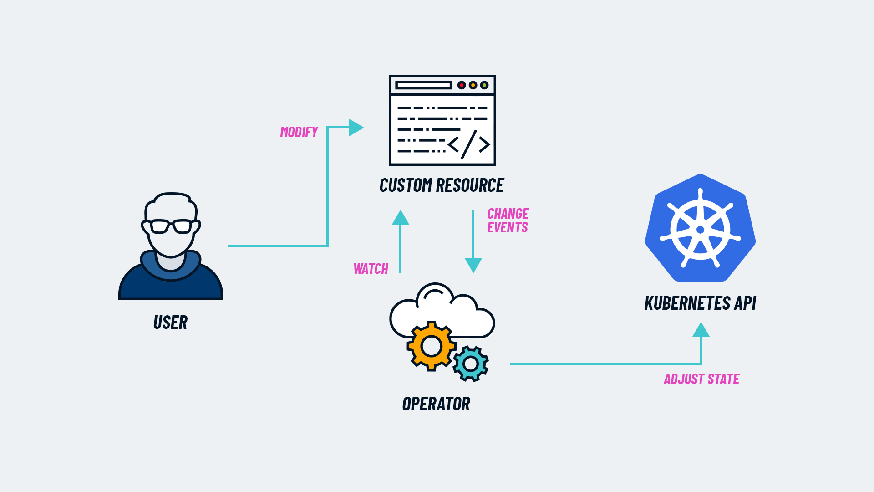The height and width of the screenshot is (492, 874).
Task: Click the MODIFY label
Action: point(299,132)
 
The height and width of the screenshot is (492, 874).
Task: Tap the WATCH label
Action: point(371,269)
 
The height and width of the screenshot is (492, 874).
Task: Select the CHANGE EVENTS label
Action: point(508,220)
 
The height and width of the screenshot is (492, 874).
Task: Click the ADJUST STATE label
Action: point(701,379)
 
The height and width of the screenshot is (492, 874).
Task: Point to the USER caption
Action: point(170,323)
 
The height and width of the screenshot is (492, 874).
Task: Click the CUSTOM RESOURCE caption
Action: point(442,185)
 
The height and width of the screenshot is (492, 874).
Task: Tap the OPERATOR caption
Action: point(436,404)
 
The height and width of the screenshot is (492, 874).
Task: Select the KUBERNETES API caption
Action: point(700,303)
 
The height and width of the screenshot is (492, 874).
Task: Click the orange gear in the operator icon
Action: point(431,346)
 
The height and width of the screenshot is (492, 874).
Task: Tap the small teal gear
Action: point(471,364)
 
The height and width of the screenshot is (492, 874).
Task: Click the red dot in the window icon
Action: point(461,85)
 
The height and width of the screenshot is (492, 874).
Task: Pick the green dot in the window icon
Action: point(484,85)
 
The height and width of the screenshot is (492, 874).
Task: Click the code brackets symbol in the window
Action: point(469,145)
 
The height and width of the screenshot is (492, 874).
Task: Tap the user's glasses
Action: point(171,226)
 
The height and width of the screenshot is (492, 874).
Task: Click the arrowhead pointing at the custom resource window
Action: point(356,128)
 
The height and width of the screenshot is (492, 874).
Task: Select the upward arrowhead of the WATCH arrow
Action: point(401,218)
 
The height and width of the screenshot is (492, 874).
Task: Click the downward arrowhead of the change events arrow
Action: point(473,265)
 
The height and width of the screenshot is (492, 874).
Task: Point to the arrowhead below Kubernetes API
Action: point(701,330)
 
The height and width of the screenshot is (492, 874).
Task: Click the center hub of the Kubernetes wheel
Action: point(700,230)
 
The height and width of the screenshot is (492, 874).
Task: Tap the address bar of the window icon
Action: point(423,85)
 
